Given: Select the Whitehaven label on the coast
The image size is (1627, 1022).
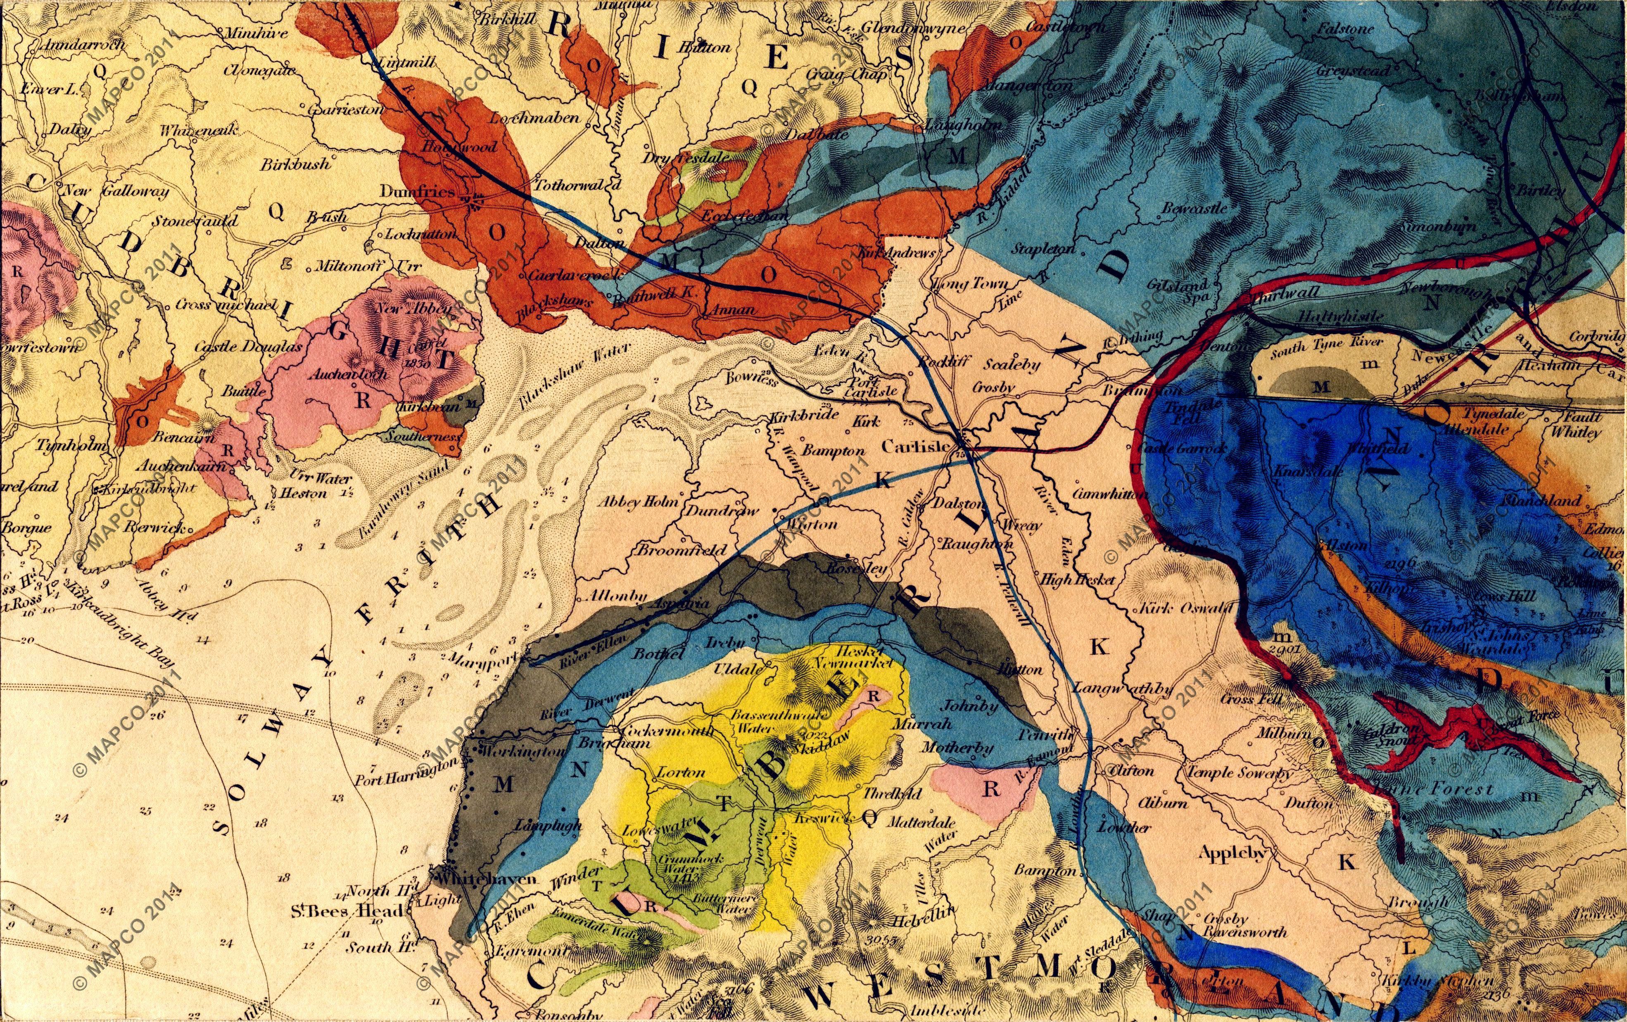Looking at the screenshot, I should click(487, 879).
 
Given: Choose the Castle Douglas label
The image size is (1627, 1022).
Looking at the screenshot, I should click(249, 347).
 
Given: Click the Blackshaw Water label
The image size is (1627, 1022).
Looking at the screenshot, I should click(576, 378).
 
